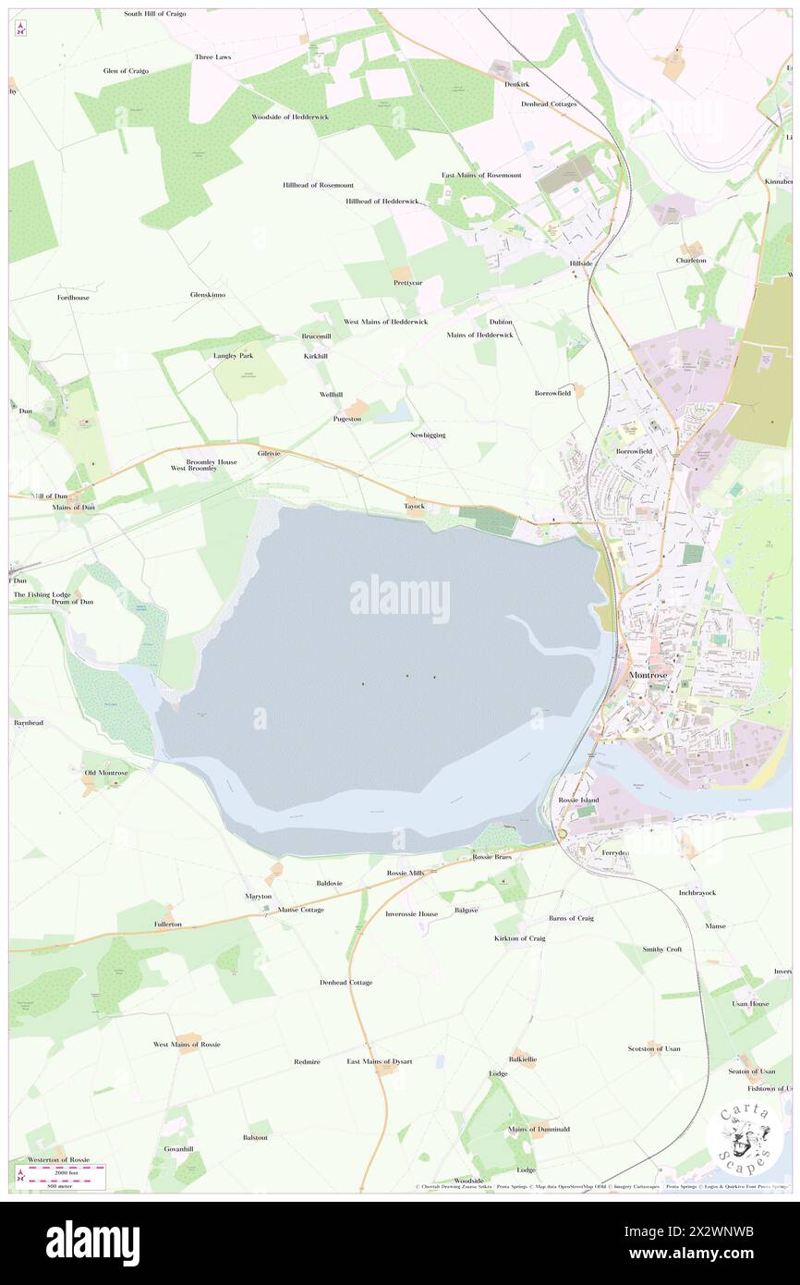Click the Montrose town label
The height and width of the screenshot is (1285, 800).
coord(654,675)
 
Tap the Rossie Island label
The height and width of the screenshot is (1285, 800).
coord(578,800)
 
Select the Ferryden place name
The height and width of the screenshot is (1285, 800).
coord(615,852)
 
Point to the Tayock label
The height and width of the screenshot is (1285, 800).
coord(414,506)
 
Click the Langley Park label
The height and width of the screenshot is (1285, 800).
coord(233,355)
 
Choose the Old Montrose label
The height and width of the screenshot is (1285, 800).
coord(103,772)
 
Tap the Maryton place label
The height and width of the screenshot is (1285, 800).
coord(259,897)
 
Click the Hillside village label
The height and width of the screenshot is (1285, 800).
coord(580,263)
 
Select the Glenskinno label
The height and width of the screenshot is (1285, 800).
coord(208,294)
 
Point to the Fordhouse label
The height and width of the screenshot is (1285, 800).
coord(73,298)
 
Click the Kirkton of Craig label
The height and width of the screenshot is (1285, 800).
coord(520,938)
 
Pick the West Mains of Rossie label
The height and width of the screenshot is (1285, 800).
coord(187,1044)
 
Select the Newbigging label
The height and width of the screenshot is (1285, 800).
coord(428,434)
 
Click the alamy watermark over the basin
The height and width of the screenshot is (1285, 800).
coord(400,598)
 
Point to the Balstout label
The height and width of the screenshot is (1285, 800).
coord(255,1137)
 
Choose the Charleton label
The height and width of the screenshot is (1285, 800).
coord(691,261)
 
